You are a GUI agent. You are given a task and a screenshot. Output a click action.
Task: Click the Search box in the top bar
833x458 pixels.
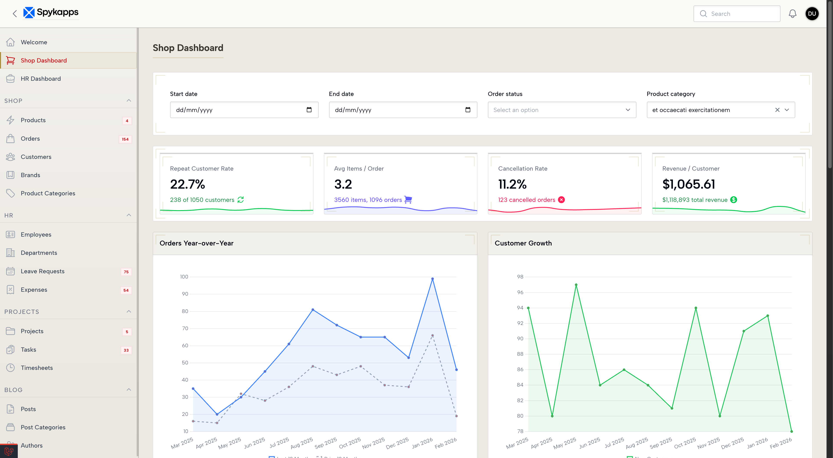coord(737,14)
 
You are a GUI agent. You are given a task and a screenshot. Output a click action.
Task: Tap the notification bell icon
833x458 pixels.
coord(792,14)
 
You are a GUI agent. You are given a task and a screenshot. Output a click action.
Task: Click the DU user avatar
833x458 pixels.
coord(812,14)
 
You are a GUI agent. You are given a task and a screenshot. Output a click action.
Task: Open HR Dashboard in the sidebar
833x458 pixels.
coord(41,79)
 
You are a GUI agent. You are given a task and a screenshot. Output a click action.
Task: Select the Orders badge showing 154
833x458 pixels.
coord(125,139)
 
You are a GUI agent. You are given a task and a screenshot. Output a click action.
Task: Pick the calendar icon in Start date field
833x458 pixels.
coord(309,110)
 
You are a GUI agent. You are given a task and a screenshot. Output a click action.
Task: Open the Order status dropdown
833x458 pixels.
coord(562,110)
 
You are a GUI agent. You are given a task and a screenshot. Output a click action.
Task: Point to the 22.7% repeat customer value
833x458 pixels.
coord(188,184)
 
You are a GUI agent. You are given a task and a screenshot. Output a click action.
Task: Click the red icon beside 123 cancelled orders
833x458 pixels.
coord(561,200)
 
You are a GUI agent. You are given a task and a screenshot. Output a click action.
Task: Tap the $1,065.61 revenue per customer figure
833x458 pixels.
coord(689,184)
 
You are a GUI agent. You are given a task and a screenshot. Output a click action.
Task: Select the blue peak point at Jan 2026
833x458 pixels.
coord(432,279)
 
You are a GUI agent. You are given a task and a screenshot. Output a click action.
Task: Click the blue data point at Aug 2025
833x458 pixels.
coord(313,310)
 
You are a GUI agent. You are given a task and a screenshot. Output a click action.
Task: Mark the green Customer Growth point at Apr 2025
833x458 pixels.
coord(552,416)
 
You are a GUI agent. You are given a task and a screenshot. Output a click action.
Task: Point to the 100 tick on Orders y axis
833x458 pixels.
coord(184,277)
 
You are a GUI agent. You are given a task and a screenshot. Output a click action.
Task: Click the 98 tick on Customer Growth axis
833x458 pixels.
coord(520,277)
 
